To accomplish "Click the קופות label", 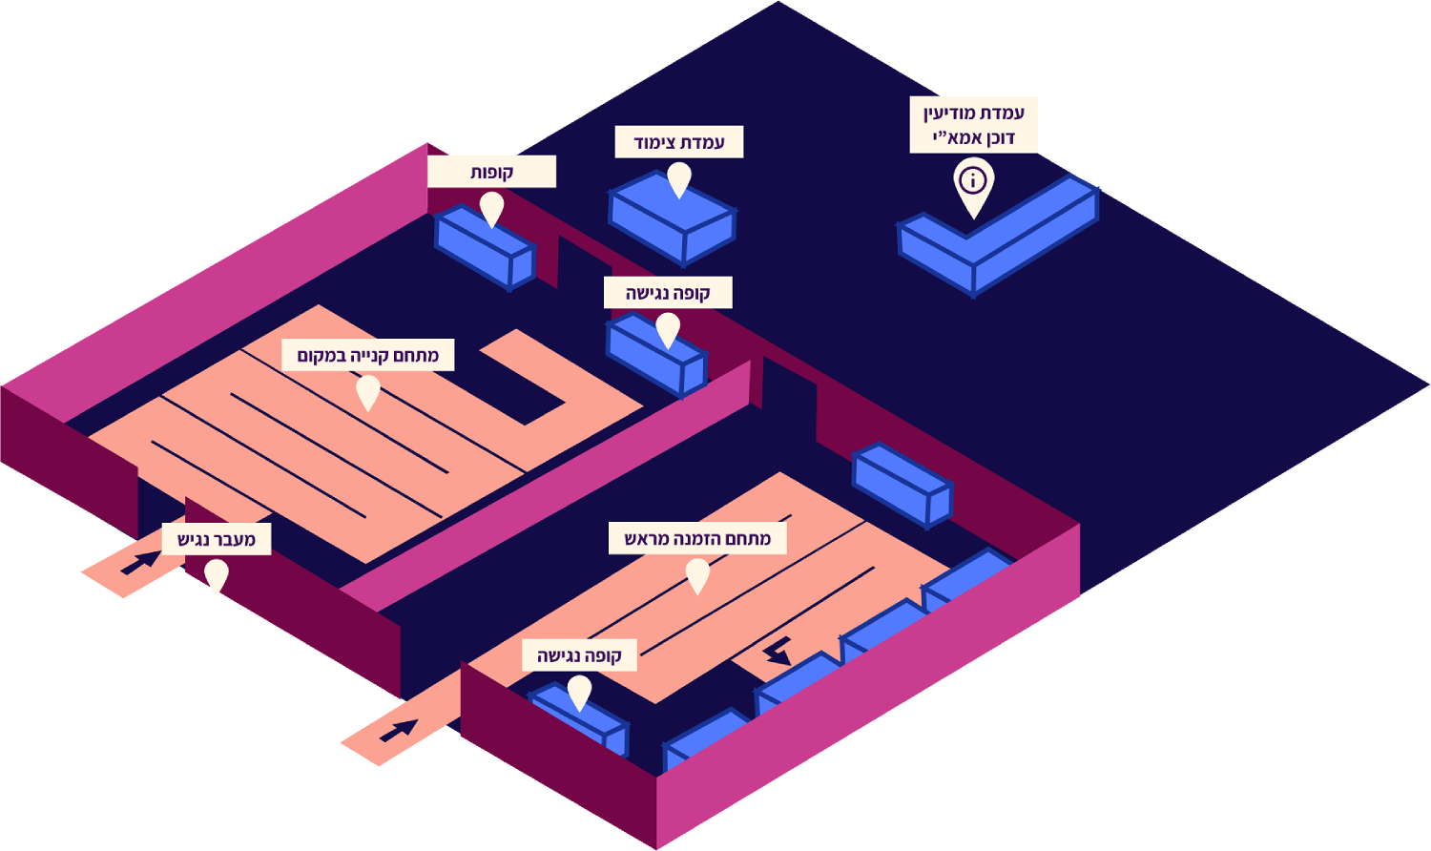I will [x=491, y=172].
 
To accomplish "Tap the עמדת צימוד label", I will [x=678, y=142].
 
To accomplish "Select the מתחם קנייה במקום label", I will [x=367, y=355].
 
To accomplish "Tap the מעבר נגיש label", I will [x=217, y=539].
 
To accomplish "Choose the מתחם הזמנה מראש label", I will [x=697, y=538].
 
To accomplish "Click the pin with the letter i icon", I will [x=973, y=184].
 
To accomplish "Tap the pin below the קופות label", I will [x=491, y=208].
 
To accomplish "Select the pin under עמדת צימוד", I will [x=678, y=178].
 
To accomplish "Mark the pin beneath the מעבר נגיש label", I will [x=217, y=575].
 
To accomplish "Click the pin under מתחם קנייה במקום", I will [x=367, y=391].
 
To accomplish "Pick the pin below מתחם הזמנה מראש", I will [x=697, y=574].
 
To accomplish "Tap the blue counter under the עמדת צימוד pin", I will [x=673, y=219].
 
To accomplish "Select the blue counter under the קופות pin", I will [x=485, y=248].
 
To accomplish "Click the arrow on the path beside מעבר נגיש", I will [x=141, y=563].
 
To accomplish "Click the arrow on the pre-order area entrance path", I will [x=399, y=731].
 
